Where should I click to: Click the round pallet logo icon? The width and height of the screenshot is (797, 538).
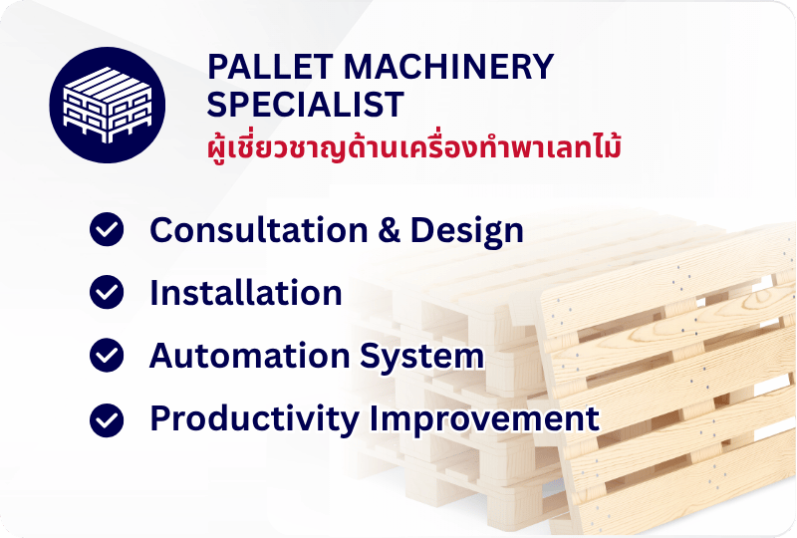click(x=108, y=105)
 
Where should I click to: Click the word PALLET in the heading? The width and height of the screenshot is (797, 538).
click(x=270, y=67)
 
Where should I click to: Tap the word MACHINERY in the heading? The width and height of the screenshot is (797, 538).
click(x=449, y=67)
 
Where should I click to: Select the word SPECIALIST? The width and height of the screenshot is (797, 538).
click(x=305, y=105)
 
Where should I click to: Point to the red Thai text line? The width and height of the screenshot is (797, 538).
click(x=414, y=147)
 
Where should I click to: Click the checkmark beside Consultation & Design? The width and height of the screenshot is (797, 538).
click(x=107, y=229)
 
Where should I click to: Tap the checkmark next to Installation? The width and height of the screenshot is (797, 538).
click(x=107, y=292)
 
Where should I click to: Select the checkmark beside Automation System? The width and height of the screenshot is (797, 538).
click(x=107, y=355)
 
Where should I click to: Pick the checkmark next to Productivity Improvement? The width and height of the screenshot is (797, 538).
click(x=107, y=420)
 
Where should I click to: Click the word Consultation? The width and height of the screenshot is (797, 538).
click(x=259, y=230)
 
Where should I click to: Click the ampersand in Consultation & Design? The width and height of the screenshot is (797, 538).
click(x=389, y=230)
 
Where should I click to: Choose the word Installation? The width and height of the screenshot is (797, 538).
click(x=245, y=293)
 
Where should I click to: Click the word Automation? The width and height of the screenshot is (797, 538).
click(x=250, y=355)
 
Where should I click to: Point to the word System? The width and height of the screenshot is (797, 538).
click(x=421, y=357)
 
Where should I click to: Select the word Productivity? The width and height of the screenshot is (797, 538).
click(x=255, y=420)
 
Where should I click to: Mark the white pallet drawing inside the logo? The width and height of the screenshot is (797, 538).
click(x=108, y=105)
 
